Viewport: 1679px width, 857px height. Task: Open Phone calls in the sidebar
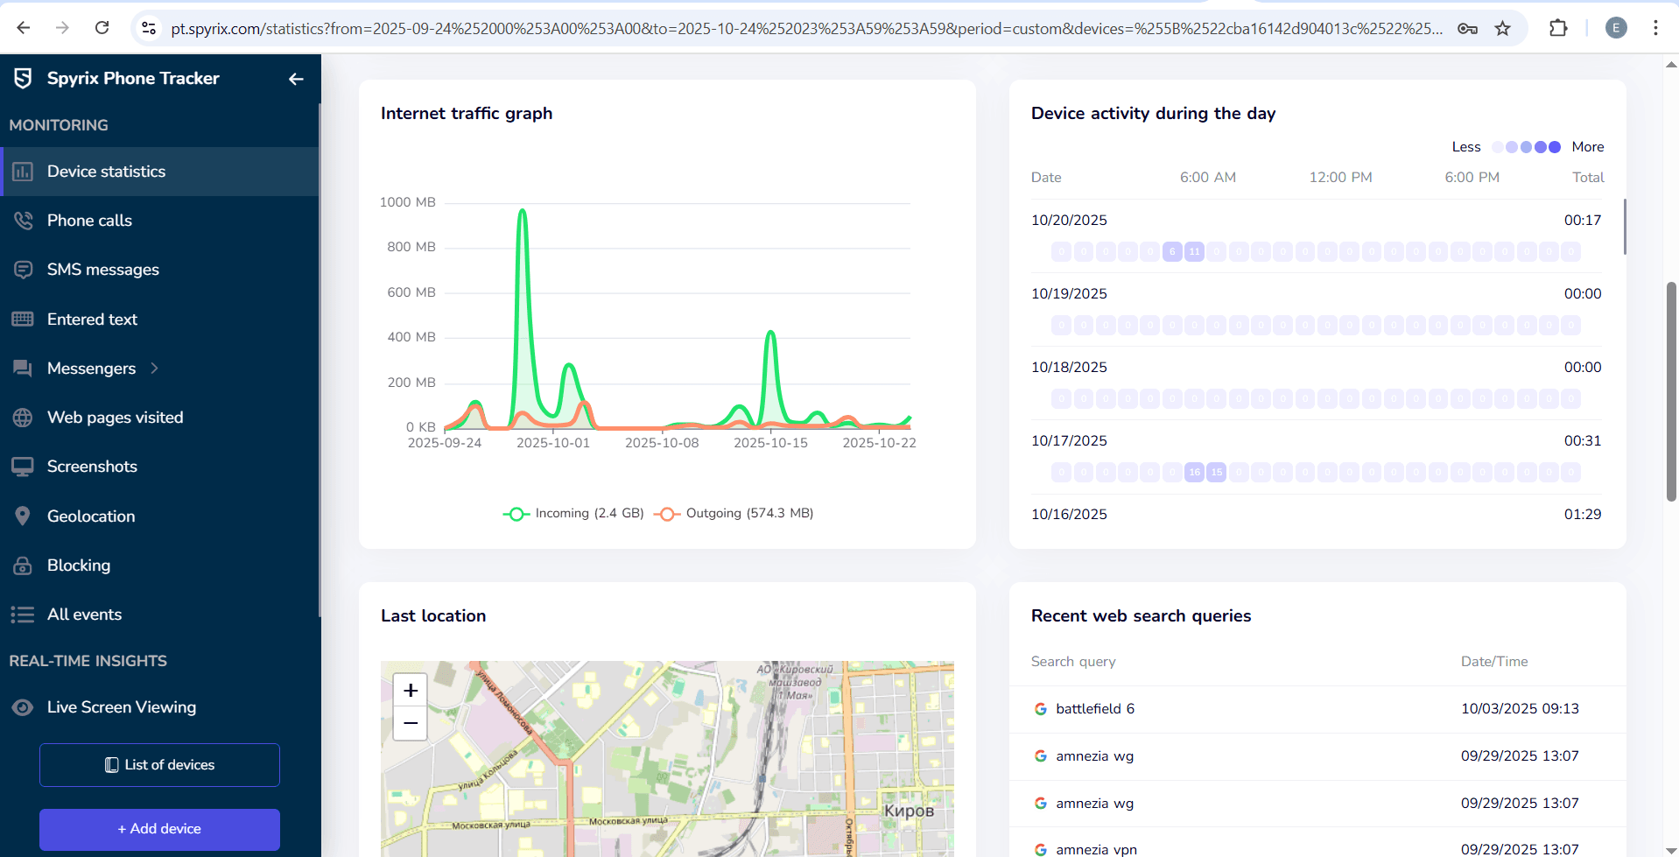pyautogui.click(x=89, y=221)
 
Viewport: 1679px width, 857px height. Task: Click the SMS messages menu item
pyautogui.click(x=102, y=270)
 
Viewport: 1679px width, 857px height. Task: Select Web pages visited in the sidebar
pyautogui.click(x=115, y=418)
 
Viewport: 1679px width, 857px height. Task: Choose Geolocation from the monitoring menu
pyautogui.click(x=91, y=516)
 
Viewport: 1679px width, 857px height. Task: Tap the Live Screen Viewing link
pyautogui.click(x=121, y=707)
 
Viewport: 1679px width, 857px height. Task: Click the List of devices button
pyautogui.click(x=159, y=765)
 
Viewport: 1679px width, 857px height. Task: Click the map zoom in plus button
pyautogui.click(x=410, y=690)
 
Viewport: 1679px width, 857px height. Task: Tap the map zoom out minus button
pyautogui.click(x=410, y=723)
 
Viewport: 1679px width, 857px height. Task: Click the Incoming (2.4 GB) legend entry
pyautogui.click(x=574, y=513)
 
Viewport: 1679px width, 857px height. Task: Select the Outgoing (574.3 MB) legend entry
pyautogui.click(x=735, y=513)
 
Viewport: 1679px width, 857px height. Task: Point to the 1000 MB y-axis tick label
pyautogui.click(x=407, y=202)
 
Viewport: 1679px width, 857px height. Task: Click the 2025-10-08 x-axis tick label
pyautogui.click(x=662, y=443)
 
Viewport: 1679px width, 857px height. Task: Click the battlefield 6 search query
pyautogui.click(x=1094, y=709)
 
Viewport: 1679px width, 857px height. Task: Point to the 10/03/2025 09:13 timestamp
pyautogui.click(x=1520, y=709)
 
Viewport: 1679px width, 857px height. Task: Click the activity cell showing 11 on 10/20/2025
pyautogui.click(x=1194, y=252)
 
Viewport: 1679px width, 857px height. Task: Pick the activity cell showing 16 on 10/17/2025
pyautogui.click(x=1194, y=473)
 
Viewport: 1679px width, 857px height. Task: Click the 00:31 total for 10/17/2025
pyautogui.click(x=1582, y=441)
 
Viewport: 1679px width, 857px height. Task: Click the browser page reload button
pyautogui.click(x=102, y=28)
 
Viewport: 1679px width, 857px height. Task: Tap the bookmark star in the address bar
pyautogui.click(x=1502, y=28)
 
